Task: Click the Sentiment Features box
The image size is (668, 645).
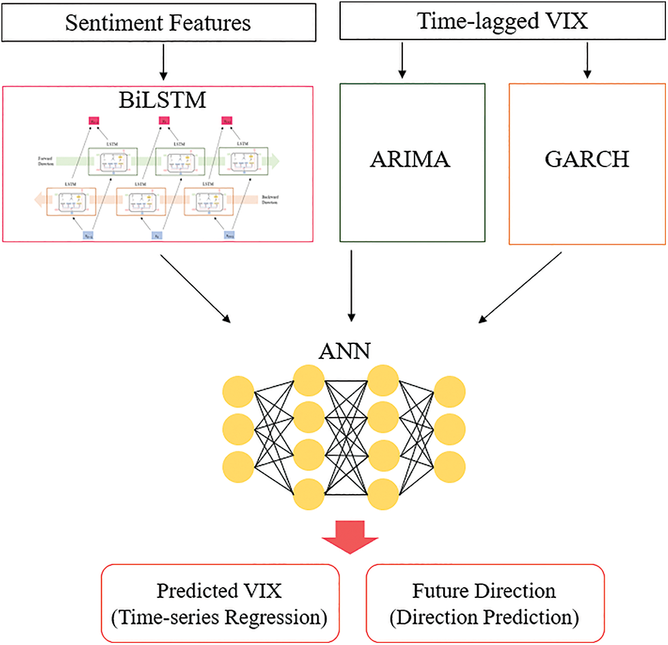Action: [x=157, y=23]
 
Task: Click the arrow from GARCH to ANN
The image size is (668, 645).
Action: [x=521, y=287]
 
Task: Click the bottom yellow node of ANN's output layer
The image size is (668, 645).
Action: [x=450, y=466]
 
